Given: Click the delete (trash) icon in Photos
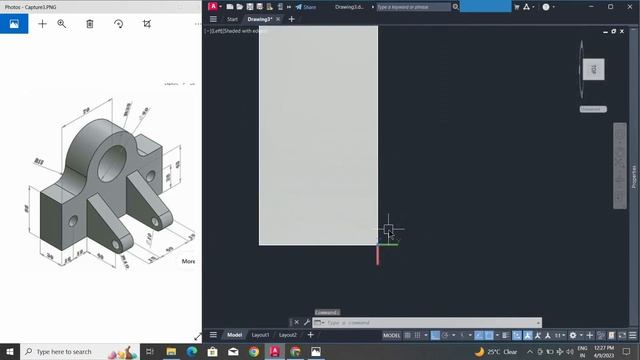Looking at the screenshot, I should coord(89,23).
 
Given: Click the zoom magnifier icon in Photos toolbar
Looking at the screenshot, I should coord(61,23).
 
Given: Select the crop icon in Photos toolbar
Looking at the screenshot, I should coord(146,23).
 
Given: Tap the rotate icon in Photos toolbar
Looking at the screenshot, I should coord(118,23).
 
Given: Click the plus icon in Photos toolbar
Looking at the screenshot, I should coord(42,23).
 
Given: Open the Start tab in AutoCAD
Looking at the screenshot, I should coord(232,19).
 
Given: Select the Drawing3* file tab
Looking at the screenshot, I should coord(259,19).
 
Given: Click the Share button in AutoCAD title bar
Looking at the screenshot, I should coord(306,6).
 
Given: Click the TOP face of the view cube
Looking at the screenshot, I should coord(593,69).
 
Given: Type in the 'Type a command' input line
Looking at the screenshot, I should coord(430,323).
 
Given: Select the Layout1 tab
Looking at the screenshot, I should coord(260,335).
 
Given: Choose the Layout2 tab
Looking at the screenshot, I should coord(288,335).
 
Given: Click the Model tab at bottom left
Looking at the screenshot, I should coord(234,335).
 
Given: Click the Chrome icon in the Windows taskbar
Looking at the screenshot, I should coord(253,352).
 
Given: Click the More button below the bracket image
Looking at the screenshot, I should coord(188,261).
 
